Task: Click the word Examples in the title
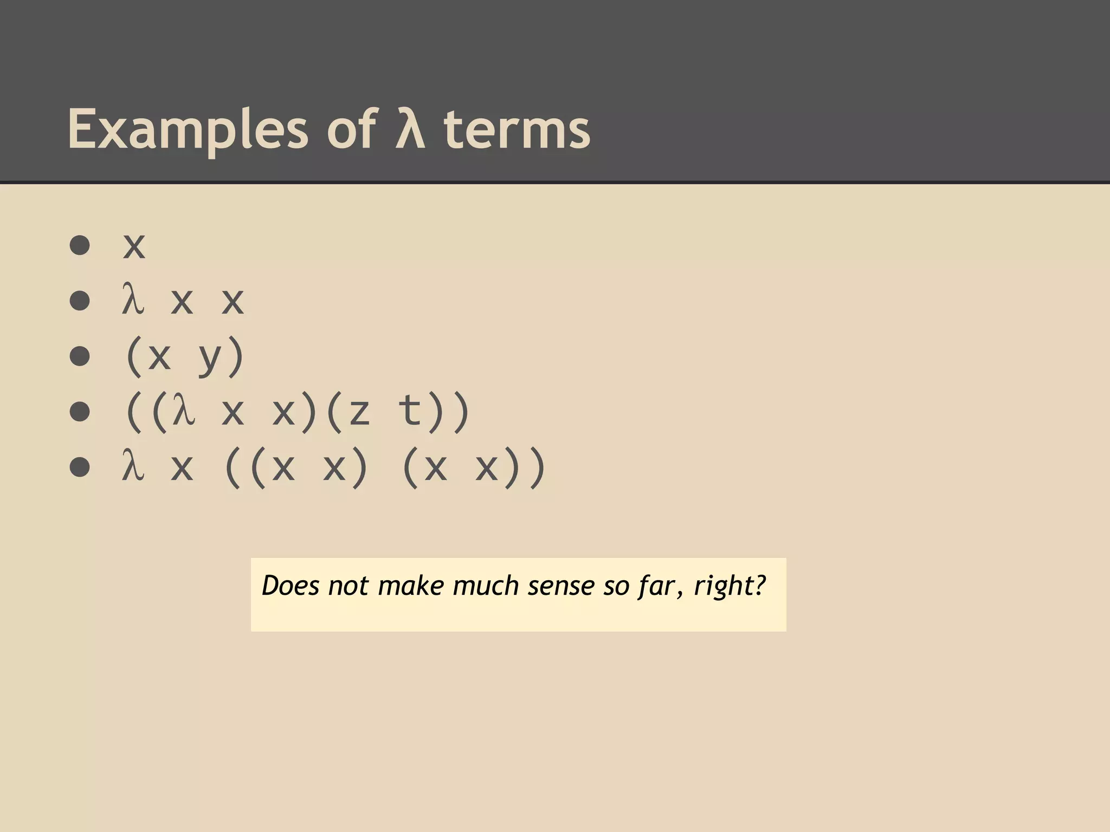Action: point(188,130)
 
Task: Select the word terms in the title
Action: point(517,130)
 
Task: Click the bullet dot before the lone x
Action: point(80,245)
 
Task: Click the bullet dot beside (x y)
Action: point(80,356)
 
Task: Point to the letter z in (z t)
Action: point(359,413)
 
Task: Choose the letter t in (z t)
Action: point(410,411)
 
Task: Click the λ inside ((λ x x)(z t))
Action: point(183,411)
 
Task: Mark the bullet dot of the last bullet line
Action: point(80,467)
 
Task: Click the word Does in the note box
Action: point(291,586)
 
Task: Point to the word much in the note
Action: point(486,586)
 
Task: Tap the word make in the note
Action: point(411,586)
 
